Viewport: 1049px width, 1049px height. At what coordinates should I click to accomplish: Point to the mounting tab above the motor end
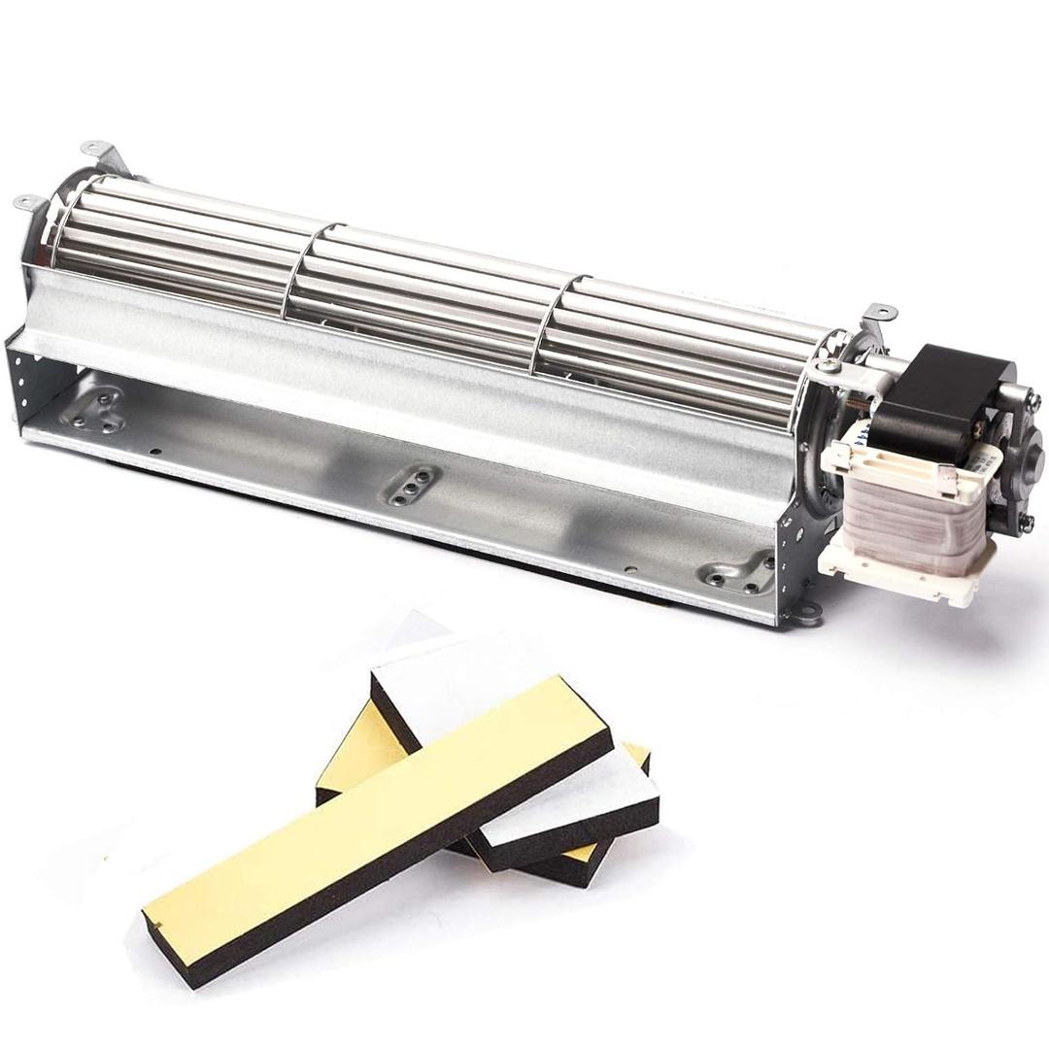[879, 315]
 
